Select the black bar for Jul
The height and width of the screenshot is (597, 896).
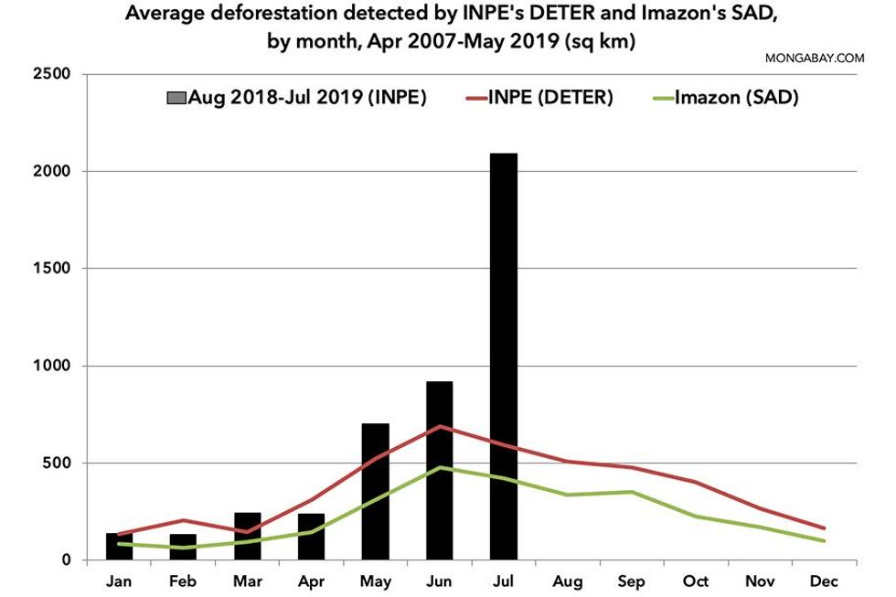[503, 357]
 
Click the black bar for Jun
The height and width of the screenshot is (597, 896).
[439, 471]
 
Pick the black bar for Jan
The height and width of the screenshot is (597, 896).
[119, 547]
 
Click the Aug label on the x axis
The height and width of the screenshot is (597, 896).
[567, 582]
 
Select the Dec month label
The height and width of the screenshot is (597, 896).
[824, 582]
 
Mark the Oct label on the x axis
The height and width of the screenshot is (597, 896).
[696, 582]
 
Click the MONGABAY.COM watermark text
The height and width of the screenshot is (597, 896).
[815, 58]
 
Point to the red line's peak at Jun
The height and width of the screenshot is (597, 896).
[440, 426]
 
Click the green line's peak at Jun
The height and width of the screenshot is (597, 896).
[440, 467]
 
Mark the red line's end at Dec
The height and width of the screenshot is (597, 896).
[824, 528]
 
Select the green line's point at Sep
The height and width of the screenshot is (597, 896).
[632, 492]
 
